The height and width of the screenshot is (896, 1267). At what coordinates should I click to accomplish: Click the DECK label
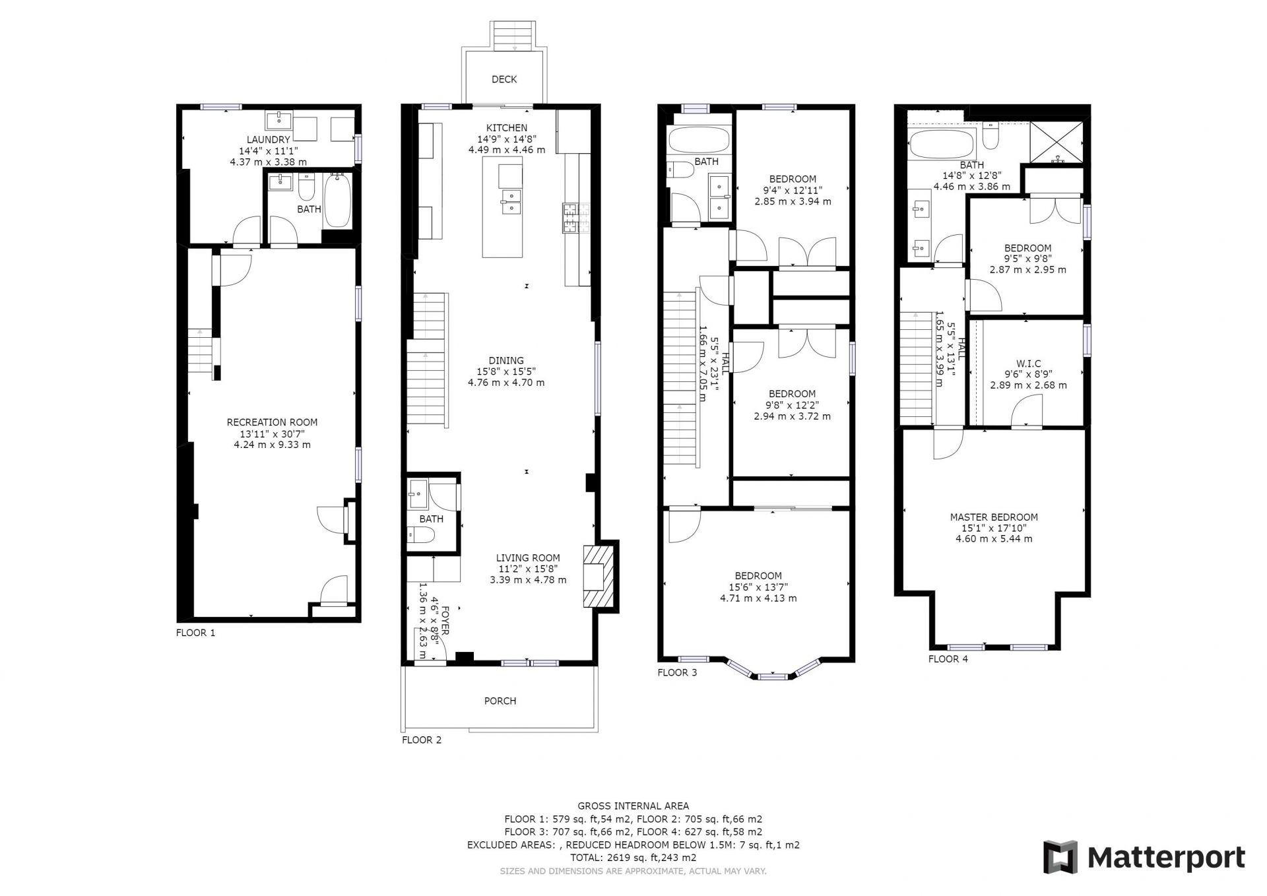click(x=504, y=79)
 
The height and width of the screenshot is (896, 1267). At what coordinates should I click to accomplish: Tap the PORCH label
click(x=500, y=701)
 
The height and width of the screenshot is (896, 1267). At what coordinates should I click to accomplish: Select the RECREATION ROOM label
click(x=272, y=422)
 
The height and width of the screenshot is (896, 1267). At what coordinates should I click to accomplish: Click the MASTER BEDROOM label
click(x=994, y=517)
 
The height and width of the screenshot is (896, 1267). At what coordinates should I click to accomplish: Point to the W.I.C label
click(x=1028, y=364)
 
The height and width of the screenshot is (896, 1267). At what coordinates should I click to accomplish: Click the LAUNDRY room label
click(x=269, y=140)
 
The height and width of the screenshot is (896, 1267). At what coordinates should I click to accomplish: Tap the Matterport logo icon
click(x=1060, y=857)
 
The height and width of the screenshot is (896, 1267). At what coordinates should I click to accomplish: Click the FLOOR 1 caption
click(x=195, y=633)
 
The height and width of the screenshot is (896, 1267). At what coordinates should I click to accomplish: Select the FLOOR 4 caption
click(x=948, y=658)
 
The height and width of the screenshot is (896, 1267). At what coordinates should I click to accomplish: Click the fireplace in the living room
click(x=599, y=575)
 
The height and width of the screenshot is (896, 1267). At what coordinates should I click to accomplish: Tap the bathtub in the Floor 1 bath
click(x=339, y=200)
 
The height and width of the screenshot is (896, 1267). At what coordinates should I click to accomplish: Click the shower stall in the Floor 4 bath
click(x=1056, y=142)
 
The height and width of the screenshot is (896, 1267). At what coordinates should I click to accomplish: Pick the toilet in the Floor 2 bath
click(x=420, y=534)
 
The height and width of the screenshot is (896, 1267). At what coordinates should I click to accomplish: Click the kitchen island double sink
click(x=511, y=202)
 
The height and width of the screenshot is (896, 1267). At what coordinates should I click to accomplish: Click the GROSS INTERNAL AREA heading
click(x=633, y=806)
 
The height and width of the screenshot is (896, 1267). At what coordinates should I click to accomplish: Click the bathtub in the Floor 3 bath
click(x=699, y=140)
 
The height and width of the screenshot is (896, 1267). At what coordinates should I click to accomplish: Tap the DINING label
click(x=506, y=361)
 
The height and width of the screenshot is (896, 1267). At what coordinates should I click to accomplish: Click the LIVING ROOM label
click(x=528, y=558)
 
